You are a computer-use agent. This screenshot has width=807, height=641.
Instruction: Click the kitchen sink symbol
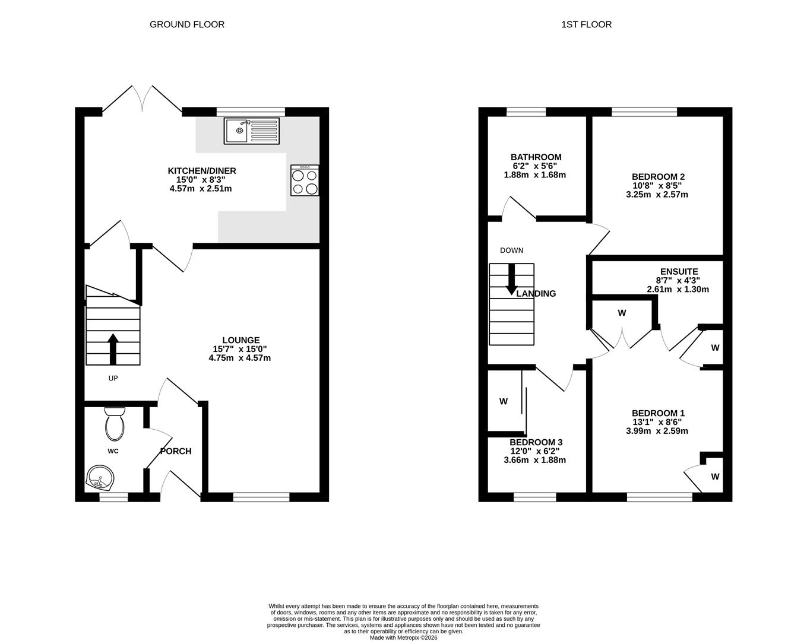click(252, 131)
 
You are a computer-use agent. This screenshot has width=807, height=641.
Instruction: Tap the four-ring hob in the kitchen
click(305, 180)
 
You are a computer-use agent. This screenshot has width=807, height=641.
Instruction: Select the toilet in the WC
click(115, 424)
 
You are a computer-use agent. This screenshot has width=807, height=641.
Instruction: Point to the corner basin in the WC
click(100, 478)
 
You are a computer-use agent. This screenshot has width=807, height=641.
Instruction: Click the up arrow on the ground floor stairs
click(113, 349)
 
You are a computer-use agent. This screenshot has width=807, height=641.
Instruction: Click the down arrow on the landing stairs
click(511, 280)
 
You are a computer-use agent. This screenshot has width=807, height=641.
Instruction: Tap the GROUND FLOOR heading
click(186, 25)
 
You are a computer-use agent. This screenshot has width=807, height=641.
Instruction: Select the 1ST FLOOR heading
click(587, 25)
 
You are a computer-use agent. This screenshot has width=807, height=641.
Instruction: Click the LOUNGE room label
click(240, 340)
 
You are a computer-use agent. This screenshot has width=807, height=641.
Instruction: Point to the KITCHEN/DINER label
click(202, 171)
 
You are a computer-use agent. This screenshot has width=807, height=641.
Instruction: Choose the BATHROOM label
click(536, 157)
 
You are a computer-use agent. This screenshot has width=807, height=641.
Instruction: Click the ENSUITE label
click(679, 271)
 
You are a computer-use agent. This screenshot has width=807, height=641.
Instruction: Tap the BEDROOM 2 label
click(658, 176)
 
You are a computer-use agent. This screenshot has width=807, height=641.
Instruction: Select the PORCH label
click(176, 451)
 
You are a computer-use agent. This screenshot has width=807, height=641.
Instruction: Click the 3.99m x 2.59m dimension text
click(657, 431)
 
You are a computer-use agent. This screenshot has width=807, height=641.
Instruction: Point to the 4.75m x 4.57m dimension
click(240, 358)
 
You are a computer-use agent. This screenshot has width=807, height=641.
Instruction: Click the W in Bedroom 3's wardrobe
click(503, 401)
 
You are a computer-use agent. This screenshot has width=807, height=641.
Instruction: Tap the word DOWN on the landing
click(511, 250)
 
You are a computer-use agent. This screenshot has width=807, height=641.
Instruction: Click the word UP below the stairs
click(113, 378)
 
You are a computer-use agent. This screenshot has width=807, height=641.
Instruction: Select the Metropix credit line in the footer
click(404, 637)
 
